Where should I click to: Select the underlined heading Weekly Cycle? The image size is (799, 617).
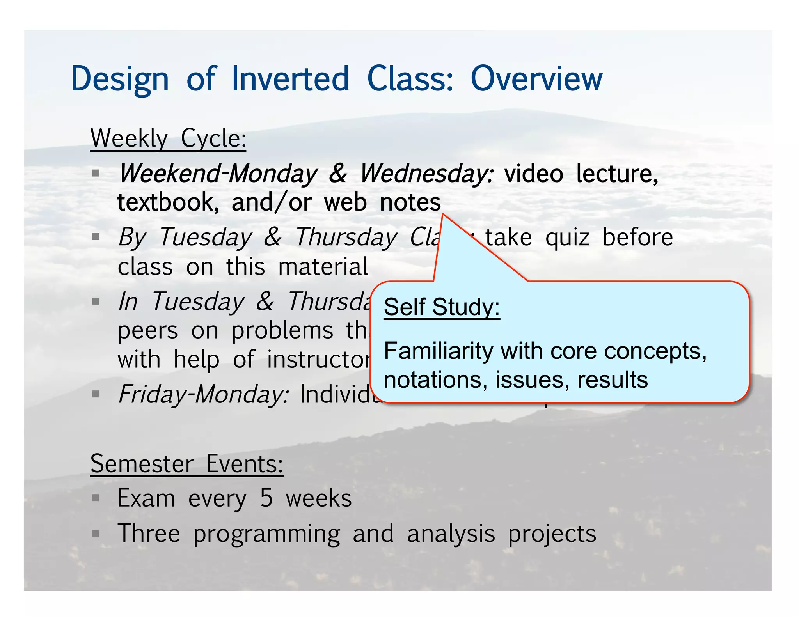168,138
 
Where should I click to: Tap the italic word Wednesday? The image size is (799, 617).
426,174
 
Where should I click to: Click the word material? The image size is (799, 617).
323,267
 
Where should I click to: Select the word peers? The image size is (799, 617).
147,331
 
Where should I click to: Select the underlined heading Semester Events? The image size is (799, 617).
186,464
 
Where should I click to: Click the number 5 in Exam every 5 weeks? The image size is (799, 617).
266,498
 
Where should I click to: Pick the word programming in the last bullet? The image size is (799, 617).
266,534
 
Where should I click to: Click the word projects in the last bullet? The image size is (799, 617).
552,534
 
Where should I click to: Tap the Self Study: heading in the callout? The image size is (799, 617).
442,307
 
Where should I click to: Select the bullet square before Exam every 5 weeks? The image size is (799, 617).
96,498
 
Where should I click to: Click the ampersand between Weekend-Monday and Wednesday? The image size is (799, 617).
337,174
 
